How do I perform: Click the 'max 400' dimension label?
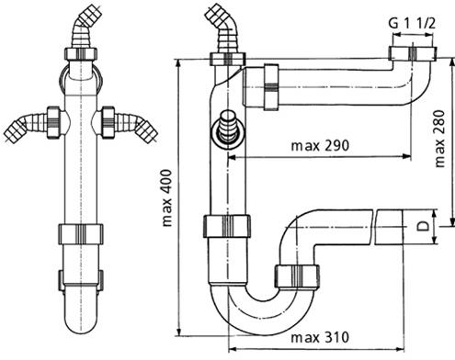click(167, 198)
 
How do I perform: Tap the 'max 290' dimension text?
click(320, 146)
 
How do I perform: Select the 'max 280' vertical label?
click(439, 139)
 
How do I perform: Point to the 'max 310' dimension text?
click(320, 338)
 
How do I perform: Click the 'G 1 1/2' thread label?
click(412, 24)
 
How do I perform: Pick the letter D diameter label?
click(423, 227)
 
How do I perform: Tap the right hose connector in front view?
click(129, 125)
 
